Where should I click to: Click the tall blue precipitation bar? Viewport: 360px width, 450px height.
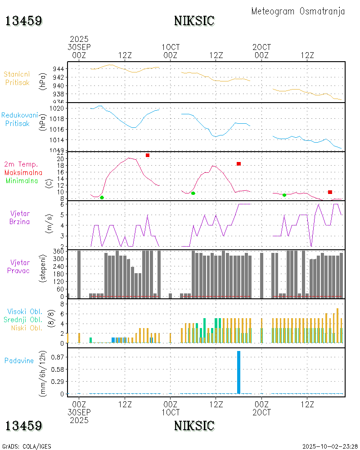pos(238,372)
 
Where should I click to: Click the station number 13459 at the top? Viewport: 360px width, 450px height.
pos(24,21)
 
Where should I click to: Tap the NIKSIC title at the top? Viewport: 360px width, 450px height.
pos(194,21)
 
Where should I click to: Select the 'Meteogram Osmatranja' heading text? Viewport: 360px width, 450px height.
pos(298,11)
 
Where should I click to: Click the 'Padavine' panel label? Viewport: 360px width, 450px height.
pos(19,360)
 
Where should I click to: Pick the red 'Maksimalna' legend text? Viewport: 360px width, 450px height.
pos(23,172)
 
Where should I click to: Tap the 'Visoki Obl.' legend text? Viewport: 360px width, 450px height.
pos(25,311)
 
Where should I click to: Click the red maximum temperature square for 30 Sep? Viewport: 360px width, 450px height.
pos(148,155)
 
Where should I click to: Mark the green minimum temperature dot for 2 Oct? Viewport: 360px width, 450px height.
pos(284,195)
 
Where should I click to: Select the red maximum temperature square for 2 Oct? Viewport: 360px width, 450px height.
pos(330,192)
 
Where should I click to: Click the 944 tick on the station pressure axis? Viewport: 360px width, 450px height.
pos(58,69)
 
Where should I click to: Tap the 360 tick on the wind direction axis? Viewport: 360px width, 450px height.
pos(58,252)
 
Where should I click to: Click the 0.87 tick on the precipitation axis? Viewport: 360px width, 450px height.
pos(57,357)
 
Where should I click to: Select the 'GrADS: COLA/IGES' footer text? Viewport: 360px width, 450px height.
pos(27,446)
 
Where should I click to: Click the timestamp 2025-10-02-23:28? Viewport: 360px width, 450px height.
pos(329,446)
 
